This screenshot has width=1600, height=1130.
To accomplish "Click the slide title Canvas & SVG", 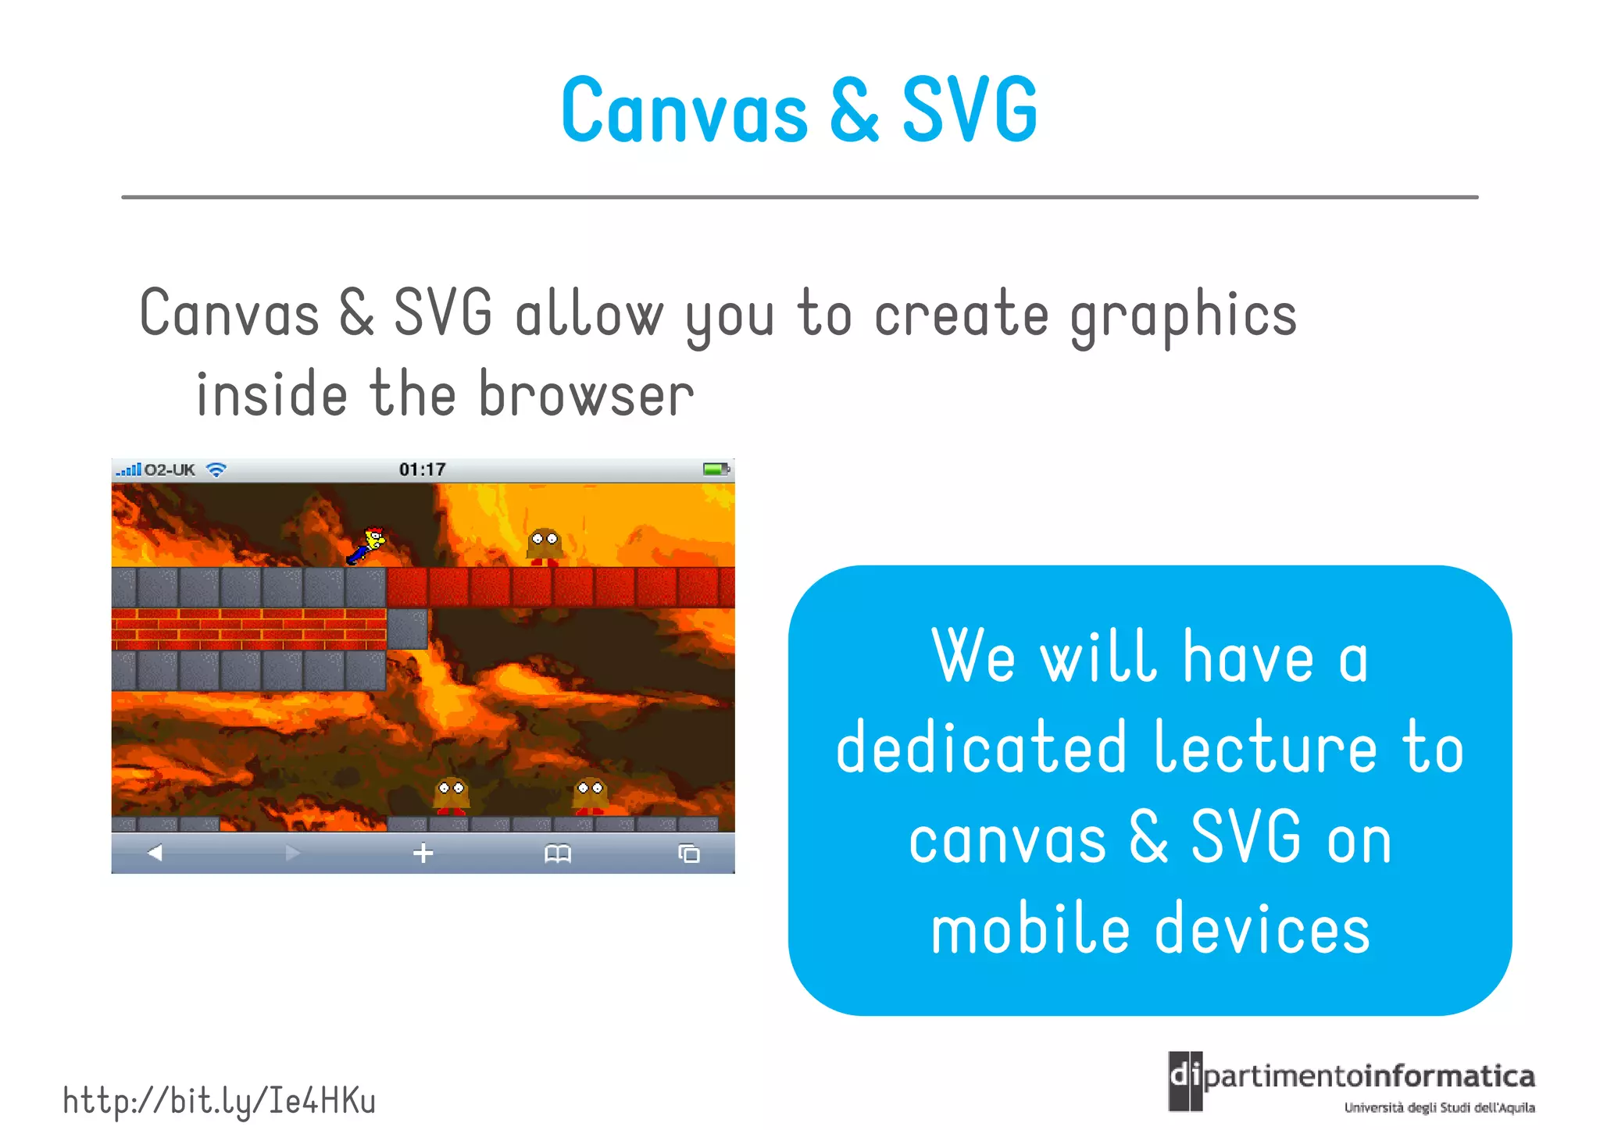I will (x=799, y=110).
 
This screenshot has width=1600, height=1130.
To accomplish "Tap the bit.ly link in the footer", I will (x=219, y=1100).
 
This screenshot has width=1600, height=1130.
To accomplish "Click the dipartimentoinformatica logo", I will (x=1352, y=1082).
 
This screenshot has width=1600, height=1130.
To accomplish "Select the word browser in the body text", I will (x=585, y=394).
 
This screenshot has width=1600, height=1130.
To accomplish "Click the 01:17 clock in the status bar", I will (x=422, y=469).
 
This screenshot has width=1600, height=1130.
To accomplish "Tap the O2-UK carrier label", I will (x=170, y=470).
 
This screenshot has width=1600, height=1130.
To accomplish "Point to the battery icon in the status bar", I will (x=715, y=469).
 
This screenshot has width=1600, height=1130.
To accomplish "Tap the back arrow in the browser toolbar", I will (x=155, y=853).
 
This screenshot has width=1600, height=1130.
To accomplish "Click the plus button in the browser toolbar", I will (x=423, y=853).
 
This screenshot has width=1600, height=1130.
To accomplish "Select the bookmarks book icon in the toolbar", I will (x=557, y=854).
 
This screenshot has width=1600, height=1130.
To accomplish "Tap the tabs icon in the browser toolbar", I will (x=688, y=854).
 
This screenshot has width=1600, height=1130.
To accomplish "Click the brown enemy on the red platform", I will (x=544, y=546).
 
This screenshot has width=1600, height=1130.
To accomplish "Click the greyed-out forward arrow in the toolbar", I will (x=293, y=853).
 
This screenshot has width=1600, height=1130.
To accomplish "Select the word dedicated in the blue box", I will (x=981, y=747).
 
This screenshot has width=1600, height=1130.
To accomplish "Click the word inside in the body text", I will (x=271, y=394).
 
